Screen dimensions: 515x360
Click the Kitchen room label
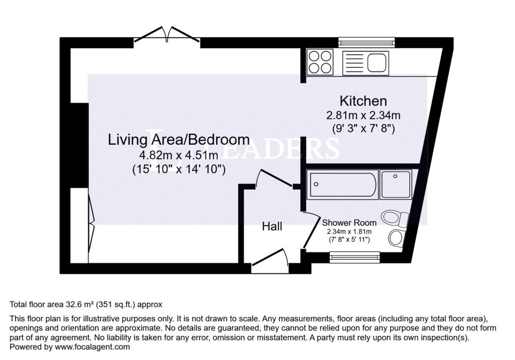(363, 101)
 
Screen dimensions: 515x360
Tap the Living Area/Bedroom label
(179, 140)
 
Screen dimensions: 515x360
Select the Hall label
(272, 226)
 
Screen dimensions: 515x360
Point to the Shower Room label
(349, 223)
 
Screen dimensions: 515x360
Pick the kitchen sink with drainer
(366, 63)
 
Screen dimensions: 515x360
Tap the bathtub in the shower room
(342, 184)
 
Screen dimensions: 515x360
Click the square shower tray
(396, 184)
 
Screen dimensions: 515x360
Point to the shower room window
(355, 256)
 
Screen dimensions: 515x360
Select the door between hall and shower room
(311, 230)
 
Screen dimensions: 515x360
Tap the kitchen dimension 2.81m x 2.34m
(363, 115)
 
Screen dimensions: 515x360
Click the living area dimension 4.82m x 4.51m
(179, 155)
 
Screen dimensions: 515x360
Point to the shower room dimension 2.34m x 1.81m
(349, 232)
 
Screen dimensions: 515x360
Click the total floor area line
(86, 305)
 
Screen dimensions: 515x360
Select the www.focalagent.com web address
(93, 347)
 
